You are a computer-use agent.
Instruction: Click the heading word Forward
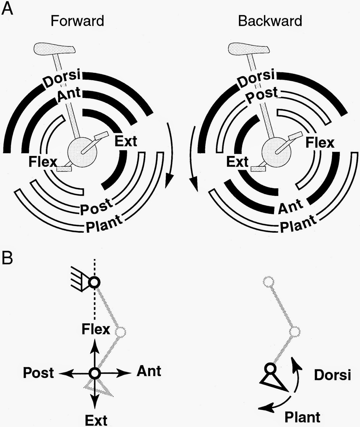77,21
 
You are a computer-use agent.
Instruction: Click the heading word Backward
270,21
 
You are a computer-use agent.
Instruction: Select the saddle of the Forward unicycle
55,49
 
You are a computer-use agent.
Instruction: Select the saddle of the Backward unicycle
248,49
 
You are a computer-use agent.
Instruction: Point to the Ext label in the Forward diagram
126,141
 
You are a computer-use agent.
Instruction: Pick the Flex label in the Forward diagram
43,162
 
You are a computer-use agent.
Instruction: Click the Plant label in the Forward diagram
104,224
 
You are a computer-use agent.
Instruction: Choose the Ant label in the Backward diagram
291,206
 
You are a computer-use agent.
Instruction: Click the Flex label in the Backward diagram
320,143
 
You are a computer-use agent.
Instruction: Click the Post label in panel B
38,373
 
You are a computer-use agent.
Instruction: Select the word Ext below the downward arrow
96,420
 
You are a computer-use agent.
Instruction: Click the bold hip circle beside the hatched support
94,282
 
